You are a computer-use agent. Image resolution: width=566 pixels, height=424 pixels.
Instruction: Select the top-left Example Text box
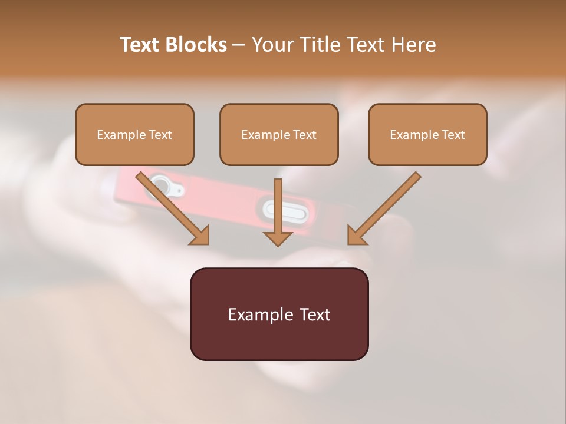click(x=134, y=135)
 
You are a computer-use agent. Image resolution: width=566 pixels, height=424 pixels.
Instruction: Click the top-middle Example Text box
click(x=279, y=135)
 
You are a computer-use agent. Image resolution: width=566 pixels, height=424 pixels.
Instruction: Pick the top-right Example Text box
click(x=427, y=135)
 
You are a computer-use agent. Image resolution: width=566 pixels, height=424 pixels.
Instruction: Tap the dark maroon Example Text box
click(x=279, y=314)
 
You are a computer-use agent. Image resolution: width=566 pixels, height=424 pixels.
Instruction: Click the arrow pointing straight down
click(x=278, y=209)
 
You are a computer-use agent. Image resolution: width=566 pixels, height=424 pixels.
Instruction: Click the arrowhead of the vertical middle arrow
click(x=278, y=238)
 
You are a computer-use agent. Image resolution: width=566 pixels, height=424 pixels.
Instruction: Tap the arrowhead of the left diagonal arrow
click(x=200, y=236)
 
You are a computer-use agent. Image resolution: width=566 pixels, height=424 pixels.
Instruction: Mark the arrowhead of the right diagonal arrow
click(x=356, y=236)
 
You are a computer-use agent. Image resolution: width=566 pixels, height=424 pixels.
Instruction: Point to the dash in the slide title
click(x=239, y=45)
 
